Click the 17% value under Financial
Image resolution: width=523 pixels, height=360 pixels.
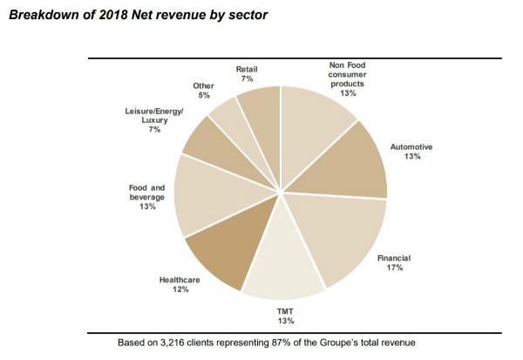click(395, 268)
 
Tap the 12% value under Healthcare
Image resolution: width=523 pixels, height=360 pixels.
click(180, 289)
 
